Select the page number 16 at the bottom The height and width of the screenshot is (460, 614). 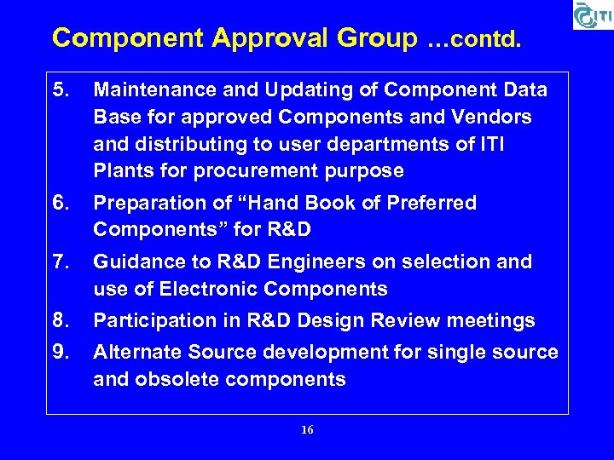point(307,430)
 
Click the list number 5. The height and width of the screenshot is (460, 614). point(59,89)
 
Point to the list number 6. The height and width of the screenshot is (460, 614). point(59,203)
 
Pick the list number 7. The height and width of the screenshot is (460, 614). point(59,262)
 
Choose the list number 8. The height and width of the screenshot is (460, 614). point(59,320)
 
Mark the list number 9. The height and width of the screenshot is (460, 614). point(59,352)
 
